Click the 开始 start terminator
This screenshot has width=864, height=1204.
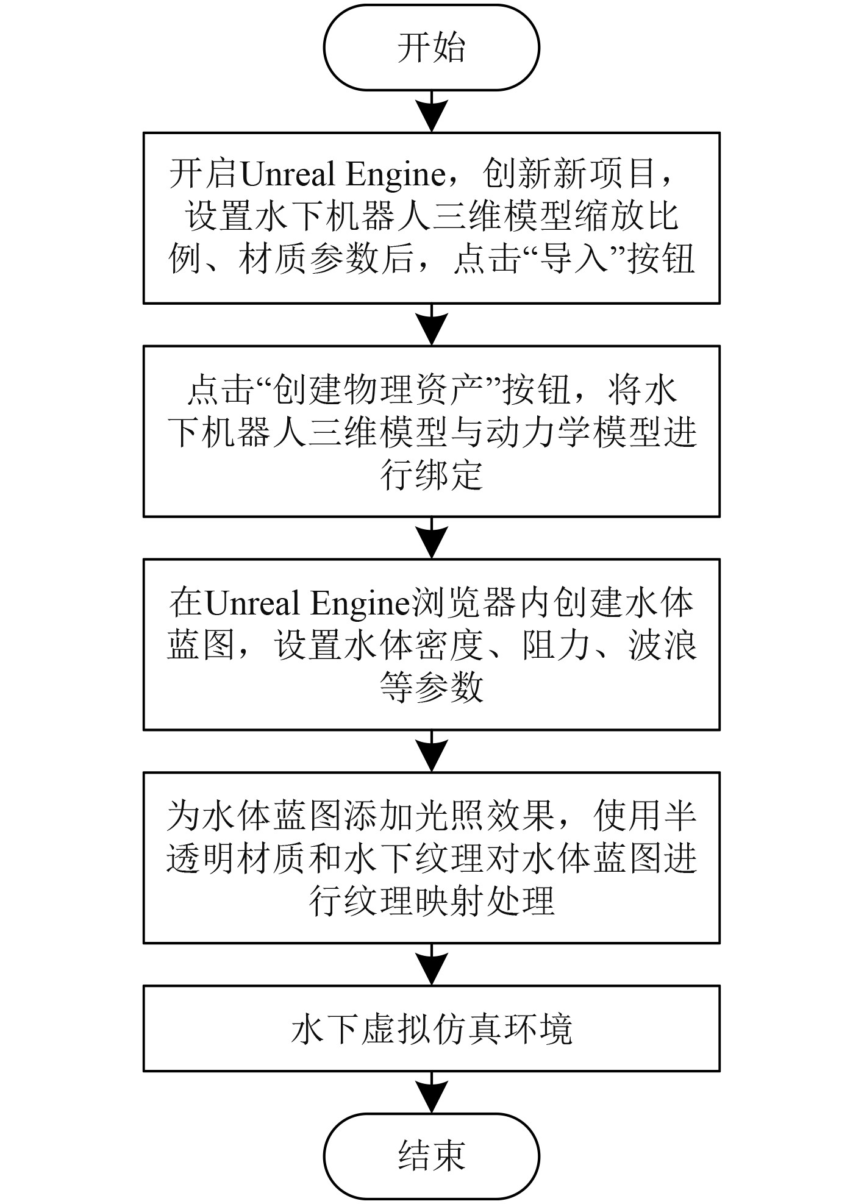[431, 48]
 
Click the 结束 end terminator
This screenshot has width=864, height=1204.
[431, 1156]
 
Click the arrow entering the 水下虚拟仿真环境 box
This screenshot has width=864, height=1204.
[431, 966]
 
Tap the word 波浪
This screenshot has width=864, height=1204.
[663, 645]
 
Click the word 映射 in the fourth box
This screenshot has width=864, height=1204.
[448, 901]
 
